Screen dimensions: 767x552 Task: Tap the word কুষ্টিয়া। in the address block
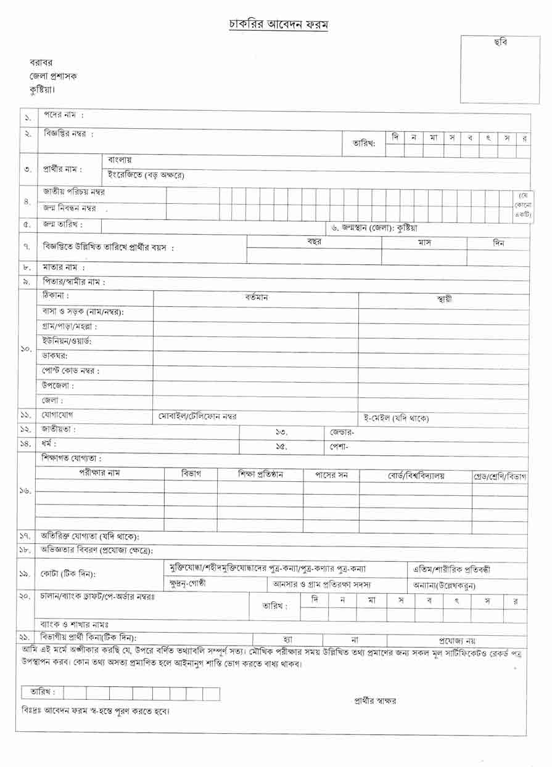tap(43, 89)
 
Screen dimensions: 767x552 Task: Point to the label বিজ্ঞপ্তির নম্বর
tap(68, 134)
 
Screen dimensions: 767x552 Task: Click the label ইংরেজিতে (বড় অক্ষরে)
tap(146, 176)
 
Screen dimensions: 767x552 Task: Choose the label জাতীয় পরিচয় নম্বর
tap(78, 192)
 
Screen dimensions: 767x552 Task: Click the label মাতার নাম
tap(64, 267)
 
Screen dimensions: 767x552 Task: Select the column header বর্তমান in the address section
tap(257, 298)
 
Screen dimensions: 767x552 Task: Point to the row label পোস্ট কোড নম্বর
tap(70, 371)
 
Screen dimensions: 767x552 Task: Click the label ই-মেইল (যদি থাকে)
tap(395, 418)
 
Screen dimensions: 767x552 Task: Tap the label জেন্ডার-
tap(342, 432)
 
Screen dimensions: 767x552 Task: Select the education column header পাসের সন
tap(331, 475)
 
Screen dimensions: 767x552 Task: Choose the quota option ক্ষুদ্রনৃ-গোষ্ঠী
tap(187, 583)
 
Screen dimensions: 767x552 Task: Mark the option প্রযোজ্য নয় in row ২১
tap(457, 641)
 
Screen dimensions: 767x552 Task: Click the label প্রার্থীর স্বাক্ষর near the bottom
tap(375, 700)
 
